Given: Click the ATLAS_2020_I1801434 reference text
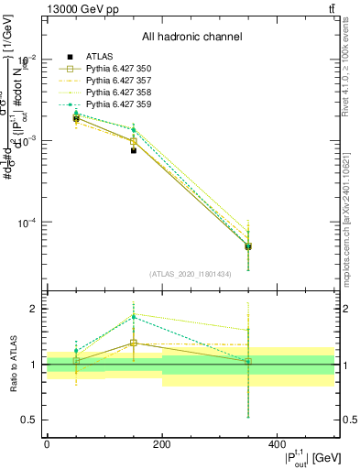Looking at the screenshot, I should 191,274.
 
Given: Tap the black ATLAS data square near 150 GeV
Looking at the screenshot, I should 134,150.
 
